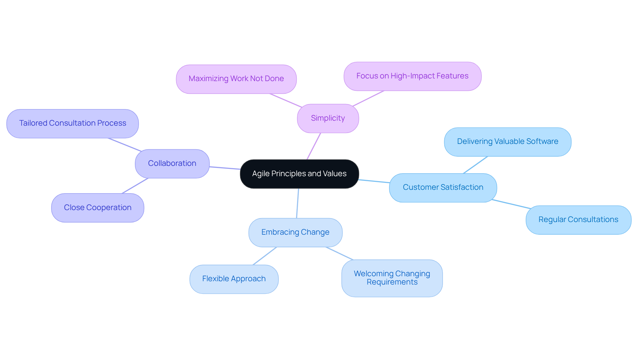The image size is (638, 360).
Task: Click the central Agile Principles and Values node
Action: point(299,174)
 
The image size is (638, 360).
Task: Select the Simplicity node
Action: point(328,118)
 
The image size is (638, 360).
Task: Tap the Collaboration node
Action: point(172,164)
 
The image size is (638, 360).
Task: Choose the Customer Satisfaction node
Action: point(443,187)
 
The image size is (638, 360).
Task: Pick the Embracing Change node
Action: point(295,232)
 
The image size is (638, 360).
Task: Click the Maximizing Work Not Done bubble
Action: point(236,79)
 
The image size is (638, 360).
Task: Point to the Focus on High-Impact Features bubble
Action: point(412,76)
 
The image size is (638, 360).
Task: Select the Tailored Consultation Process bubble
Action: point(72,123)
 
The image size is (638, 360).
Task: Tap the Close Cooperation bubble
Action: point(97,208)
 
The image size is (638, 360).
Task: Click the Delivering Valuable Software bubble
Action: point(507,142)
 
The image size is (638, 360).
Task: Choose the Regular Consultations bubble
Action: point(578,220)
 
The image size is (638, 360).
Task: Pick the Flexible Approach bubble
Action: point(234,279)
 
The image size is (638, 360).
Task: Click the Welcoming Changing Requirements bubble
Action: point(392,278)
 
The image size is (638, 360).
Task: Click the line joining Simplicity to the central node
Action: point(314,146)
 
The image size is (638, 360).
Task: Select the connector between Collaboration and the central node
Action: point(225,168)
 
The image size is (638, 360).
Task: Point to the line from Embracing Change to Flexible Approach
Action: point(265,256)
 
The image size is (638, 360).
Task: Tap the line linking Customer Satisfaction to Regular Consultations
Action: point(511,204)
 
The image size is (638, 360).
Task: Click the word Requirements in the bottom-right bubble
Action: point(392,282)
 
